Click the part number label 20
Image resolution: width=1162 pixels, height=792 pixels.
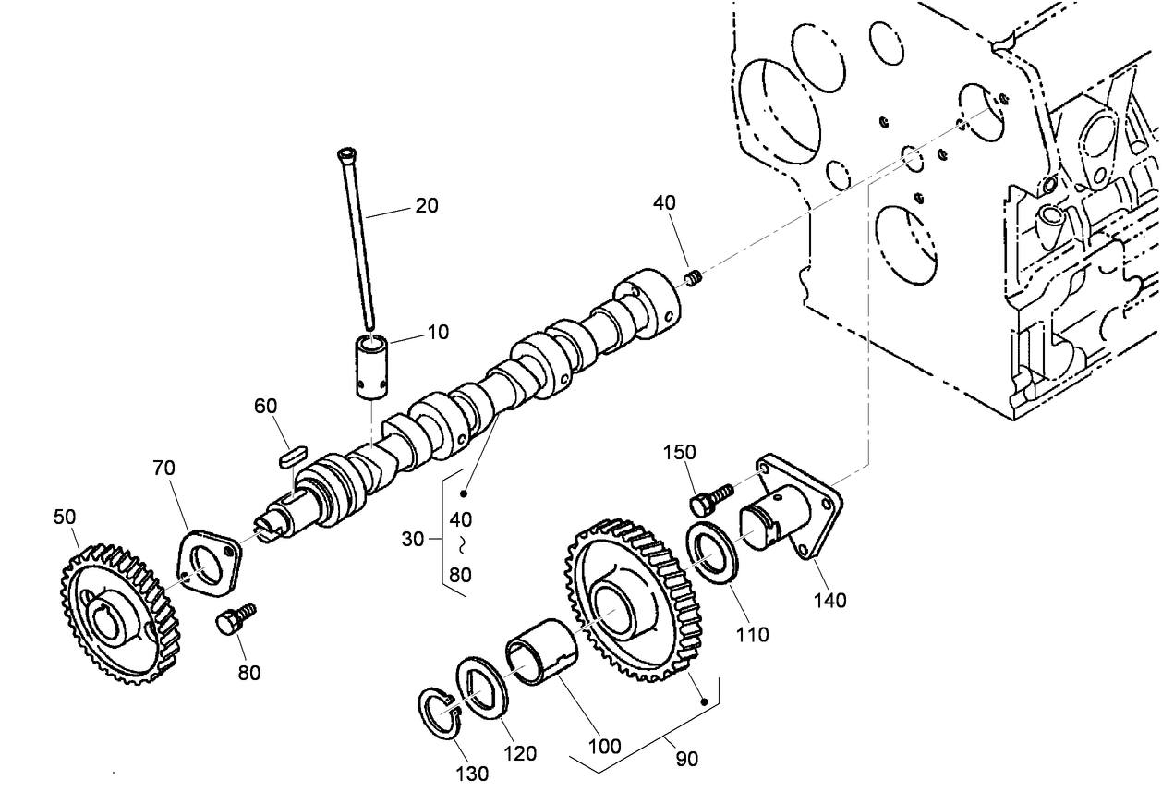pos(426,205)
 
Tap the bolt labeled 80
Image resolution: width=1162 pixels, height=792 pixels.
pos(235,618)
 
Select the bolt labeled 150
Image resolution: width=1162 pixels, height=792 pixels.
pos(709,497)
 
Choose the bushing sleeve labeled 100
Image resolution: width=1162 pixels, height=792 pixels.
pos(540,654)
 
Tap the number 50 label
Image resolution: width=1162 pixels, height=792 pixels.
pos(65,517)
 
